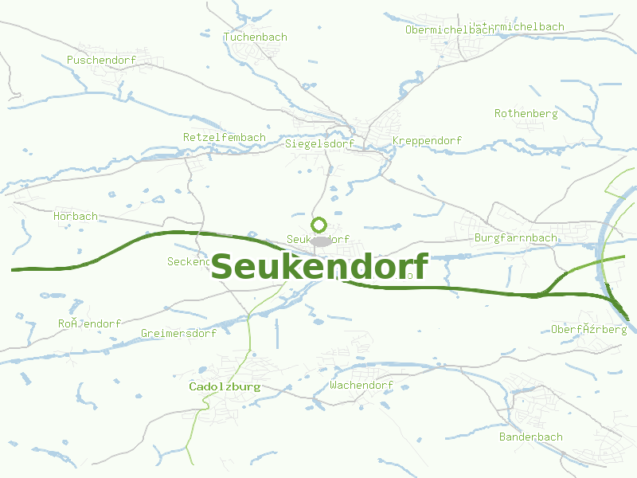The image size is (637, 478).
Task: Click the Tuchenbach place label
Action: pos(256,37)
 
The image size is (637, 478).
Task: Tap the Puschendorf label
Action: pos(101,61)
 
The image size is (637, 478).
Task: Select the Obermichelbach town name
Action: pos(448,30)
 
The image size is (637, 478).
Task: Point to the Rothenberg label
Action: pos(526,114)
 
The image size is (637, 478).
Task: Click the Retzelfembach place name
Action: pos(225,138)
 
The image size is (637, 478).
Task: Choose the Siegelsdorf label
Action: pos(318,145)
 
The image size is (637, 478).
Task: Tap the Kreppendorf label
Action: pos(427,141)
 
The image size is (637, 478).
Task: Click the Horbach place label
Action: pos(76,217)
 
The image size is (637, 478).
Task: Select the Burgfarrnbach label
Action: pos(516,238)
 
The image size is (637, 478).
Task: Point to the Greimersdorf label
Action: pos(178,334)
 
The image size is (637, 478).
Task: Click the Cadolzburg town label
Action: pos(225,386)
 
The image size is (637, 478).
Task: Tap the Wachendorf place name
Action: pos(361,386)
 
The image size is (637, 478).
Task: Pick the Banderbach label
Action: pos(530,437)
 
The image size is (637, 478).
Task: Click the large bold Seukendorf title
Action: pos(319,266)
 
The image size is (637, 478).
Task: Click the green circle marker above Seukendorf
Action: pos(319,225)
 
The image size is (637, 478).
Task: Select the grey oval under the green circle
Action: pos(320,241)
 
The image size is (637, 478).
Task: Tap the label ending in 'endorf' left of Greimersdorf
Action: pos(89,324)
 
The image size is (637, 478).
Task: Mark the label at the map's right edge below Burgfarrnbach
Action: pos(589,329)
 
